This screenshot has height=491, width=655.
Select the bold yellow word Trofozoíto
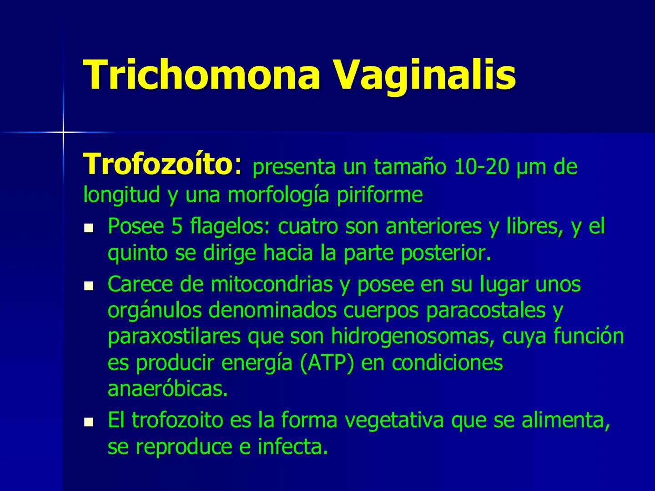[x=157, y=164]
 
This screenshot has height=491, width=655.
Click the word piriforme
[x=380, y=195]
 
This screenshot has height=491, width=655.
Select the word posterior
[x=446, y=254]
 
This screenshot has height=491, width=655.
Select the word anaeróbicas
[x=167, y=390]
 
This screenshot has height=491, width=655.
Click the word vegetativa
[x=394, y=421]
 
